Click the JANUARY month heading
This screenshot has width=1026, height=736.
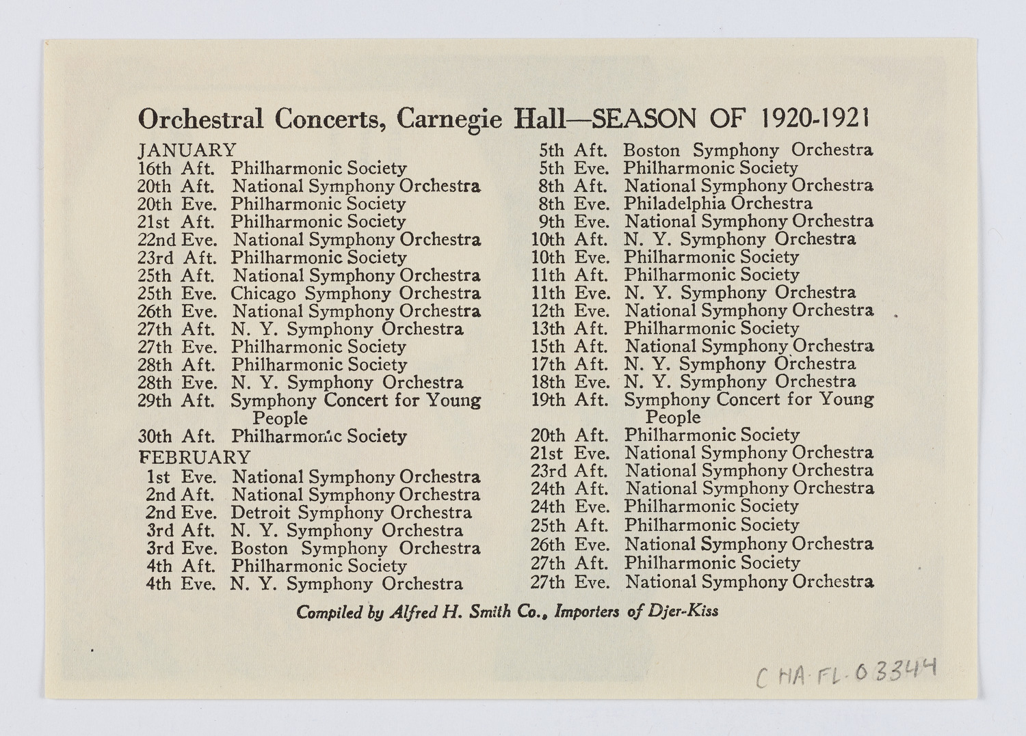tap(187, 150)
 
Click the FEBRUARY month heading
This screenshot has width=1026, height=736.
tap(195, 456)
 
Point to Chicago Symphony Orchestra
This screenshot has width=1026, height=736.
tap(355, 293)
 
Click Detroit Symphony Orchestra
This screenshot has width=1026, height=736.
tap(351, 513)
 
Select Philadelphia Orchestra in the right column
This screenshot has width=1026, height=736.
tap(718, 203)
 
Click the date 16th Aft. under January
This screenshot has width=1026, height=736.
tap(176, 168)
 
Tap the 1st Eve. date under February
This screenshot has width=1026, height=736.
tap(181, 476)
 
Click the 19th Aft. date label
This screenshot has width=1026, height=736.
tap(569, 399)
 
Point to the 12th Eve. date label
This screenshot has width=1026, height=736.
tap(569, 310)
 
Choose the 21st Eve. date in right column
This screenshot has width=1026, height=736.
tap(569, 452)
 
